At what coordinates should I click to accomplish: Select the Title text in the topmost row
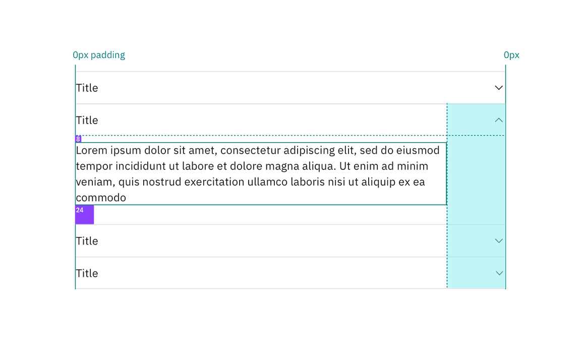[87, 88]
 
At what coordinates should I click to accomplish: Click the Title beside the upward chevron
[87, 120]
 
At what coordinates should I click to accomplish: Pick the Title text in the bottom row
[87, 273]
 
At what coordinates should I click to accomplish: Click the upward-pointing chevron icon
[499, 120]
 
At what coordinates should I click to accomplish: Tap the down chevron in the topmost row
[499, 88]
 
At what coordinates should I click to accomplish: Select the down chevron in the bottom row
[499, 273]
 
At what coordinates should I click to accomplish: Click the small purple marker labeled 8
[78, 139]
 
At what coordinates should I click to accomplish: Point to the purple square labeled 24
[85, 214]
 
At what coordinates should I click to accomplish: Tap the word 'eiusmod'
[418, 150]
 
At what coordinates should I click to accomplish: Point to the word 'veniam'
[96, 182]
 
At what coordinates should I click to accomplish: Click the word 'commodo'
[101, 198]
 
